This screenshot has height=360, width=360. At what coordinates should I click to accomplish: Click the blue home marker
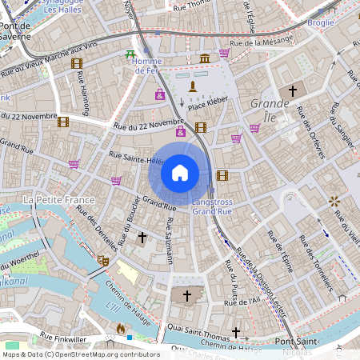click(x=180, y=173)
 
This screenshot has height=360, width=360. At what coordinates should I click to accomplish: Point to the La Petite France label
click(x=60, y=198)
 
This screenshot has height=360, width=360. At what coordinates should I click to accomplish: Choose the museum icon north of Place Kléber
click(x=205, y=58)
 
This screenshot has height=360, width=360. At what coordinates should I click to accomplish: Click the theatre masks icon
click(x=102, y=259)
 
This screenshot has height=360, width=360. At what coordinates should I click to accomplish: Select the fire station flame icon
click(x=121, y=328)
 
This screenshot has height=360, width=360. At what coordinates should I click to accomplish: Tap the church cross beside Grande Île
click(x=292, y=91)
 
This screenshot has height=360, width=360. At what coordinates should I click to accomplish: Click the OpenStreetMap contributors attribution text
click(x=81, y=354)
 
